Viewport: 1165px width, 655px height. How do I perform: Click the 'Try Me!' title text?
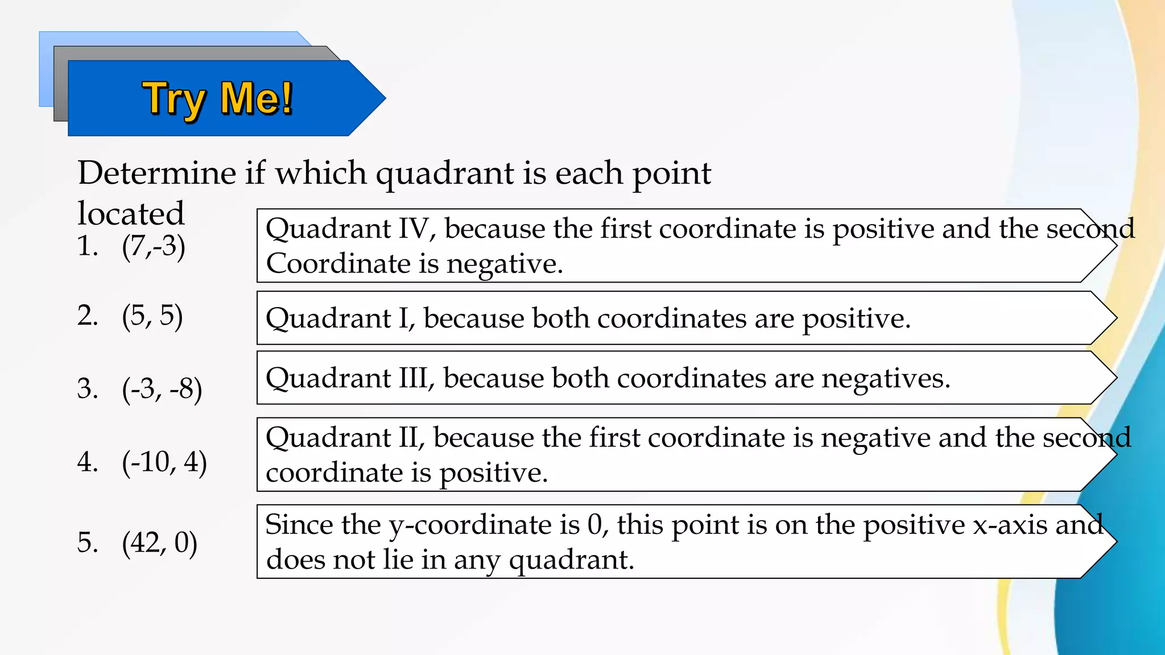[x=217, y=99]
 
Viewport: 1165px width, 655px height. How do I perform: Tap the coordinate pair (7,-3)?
[x=154, y=247]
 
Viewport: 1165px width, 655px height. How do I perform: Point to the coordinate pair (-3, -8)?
[x=162, y=389]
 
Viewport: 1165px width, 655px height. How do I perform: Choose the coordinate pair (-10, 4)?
[x=164, y=462]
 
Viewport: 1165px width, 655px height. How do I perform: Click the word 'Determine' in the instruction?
[x=156, y=173]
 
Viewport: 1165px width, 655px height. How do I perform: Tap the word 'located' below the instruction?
[x=131, y=214]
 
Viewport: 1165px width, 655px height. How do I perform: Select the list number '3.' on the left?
[x=88, y=389]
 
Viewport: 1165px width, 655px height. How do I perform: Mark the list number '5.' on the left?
[x=88, y=542]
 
